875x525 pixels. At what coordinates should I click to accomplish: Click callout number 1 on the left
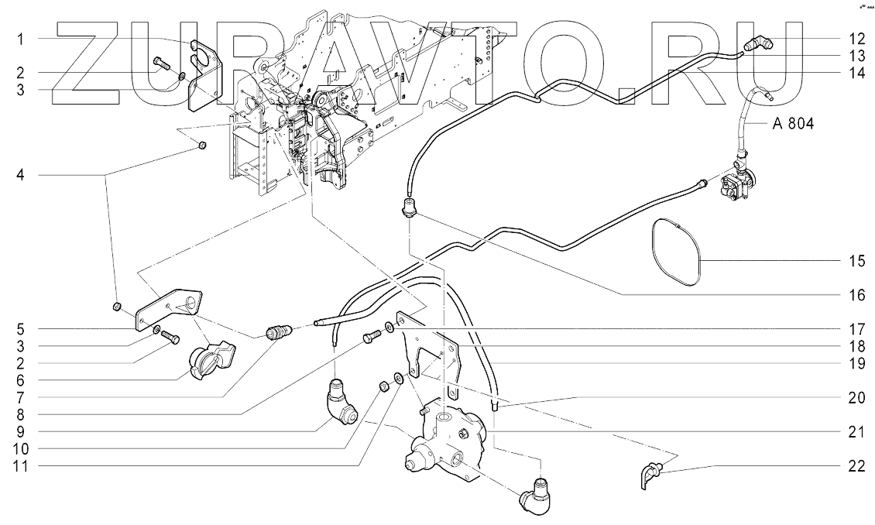pyautogui.click(x=20, y=39)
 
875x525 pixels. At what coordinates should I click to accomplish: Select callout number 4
pyautogui.click(x=20, y=176)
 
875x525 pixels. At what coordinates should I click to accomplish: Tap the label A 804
pyautogui.click(x=793, y=123)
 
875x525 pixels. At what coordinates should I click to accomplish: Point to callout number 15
pyautogui.click(x=857, y=260)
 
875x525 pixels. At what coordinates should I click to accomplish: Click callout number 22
pyautogui.click(x=857, y=465)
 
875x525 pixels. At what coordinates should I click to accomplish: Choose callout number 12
pyautogui.click(x=857, y=39)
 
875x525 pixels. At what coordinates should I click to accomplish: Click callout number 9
pyautogui.click(x=20, y=431)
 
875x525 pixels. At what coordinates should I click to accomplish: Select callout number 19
pyautogui.click(x=857, y=363)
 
